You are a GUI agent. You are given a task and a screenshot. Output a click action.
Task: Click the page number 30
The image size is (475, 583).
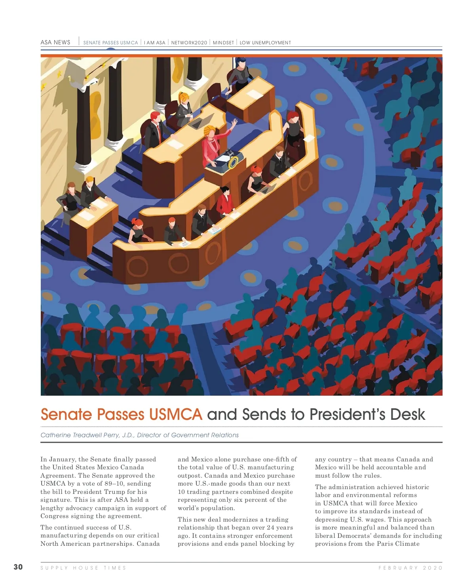[18, 567]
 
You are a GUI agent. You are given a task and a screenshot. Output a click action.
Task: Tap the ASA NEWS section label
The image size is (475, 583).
[55, 42]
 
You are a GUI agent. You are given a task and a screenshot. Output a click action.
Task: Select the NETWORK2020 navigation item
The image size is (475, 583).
[189, 43]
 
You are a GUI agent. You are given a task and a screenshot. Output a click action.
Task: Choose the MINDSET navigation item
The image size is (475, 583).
[223, 43]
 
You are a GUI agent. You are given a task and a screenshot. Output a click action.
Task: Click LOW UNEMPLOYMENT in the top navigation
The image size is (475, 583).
[265, 43]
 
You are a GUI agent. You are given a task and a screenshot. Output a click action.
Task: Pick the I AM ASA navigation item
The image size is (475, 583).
[154, 43]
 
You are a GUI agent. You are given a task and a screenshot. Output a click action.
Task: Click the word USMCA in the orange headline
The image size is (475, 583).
[175, 415]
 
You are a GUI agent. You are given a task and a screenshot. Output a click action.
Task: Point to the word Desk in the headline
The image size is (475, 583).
[407, 415]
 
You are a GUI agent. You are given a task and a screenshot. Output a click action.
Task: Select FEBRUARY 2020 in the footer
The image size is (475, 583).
[410, 568]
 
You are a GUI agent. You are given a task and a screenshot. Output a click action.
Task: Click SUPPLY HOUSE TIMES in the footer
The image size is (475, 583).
[83, 568]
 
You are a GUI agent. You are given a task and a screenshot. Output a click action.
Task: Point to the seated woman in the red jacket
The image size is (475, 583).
[225, 201]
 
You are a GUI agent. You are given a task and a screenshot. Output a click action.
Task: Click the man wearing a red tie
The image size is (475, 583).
[156, 129]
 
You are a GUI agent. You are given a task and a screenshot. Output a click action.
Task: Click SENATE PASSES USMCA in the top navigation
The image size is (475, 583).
[110, 43]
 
